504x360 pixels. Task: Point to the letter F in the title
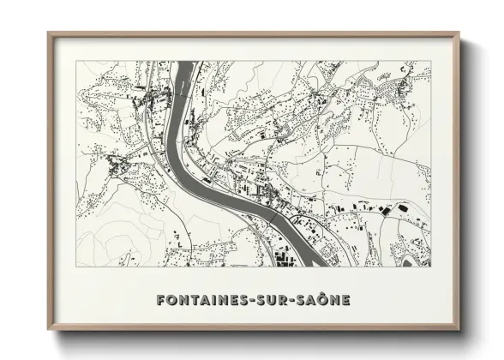[162, 300]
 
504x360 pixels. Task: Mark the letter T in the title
[194, 300]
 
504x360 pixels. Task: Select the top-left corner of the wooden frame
[48, 33]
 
